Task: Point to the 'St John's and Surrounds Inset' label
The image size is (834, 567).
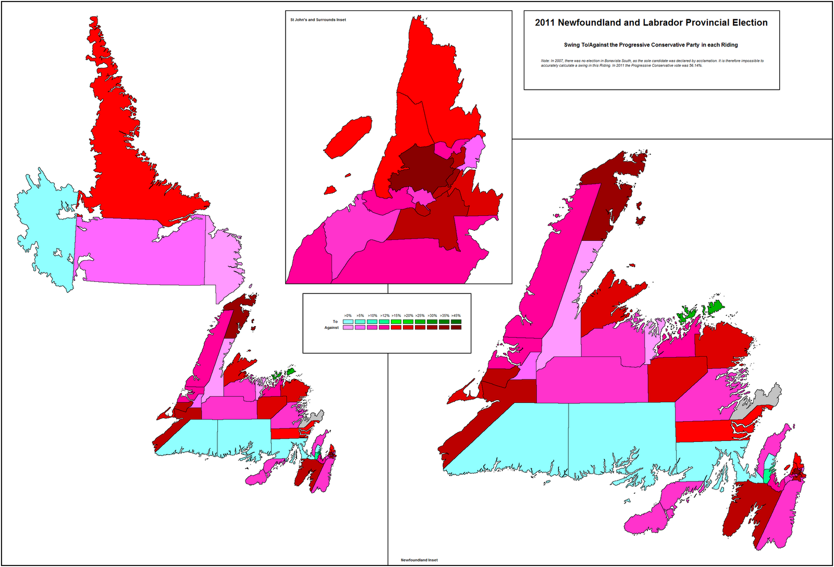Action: pyautogui.click(x=318, y=20)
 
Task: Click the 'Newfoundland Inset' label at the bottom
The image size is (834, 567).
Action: pyautogui.click(x=419, y=560)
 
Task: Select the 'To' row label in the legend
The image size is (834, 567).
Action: pyautogui.click(x=335, y=322)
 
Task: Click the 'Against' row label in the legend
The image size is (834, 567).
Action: pyautogui.click(x=332, y=327)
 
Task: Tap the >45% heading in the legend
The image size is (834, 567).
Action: pyautogui.click(x=456, y=316)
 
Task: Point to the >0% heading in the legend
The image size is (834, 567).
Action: pyautogui.click(x=348, y=316)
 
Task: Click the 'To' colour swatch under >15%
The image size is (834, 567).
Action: pyautogui.click(x=396, y=322)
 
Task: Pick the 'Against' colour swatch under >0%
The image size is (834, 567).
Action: pyautogui.click(x=348, y=327)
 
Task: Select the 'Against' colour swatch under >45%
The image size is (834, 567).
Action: pyautogui.click(x=456, y=327)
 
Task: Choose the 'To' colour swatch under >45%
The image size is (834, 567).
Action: pyautogui.click(x=456, y=322)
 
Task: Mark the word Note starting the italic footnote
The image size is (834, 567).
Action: pyautogui.click(x=545, y=61)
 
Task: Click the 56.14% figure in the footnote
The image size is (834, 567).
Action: pyautogui.click(x=695, y=66)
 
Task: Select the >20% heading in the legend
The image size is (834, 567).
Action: pyautogui.click(x=408, y=316)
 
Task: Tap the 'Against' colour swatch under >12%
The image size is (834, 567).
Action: pyautogui.click(x=384, y=327)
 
